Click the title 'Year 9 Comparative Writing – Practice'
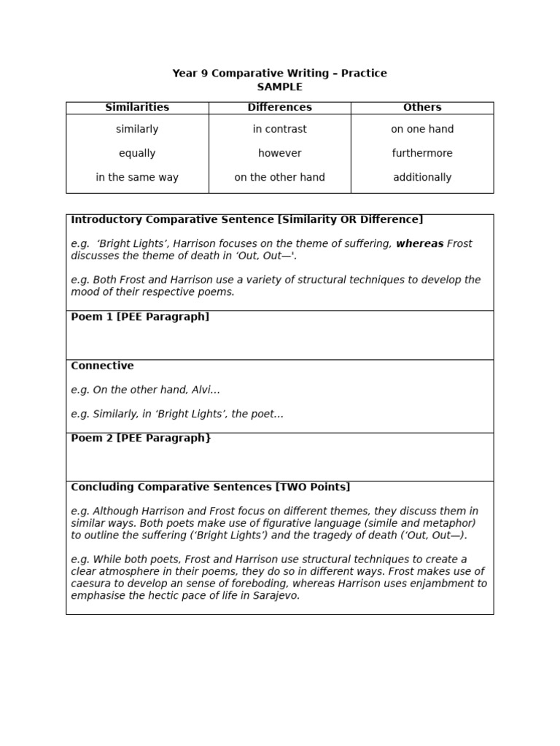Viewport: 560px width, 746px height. tap(279, 73)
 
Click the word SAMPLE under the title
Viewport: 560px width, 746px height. tap(279, 87)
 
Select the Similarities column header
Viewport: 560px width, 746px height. tap(137, 107)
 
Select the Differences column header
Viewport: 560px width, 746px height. tap(279, 107)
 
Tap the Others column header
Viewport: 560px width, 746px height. tap(422, 107)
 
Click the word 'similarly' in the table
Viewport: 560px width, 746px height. tap(137, 129)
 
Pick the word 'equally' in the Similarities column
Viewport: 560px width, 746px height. tap(137, 153)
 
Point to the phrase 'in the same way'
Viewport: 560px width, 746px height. tap(137, 177)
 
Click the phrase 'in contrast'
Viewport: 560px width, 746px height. tap(279, 129)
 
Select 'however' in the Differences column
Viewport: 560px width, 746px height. tap(279, 153)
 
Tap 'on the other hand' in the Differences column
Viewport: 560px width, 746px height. tap(279, 177)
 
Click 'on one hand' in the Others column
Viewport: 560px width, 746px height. tap(422, 129)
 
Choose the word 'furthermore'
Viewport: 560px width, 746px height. tap(422, 153)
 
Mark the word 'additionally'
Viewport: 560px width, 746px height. tap(422, 177)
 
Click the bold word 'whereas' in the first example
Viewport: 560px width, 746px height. tap(419, 244)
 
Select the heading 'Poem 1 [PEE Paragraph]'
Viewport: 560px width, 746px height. tap(140, 317)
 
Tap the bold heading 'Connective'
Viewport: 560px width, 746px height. tap(102, 366)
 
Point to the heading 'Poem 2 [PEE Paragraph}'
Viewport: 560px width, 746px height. tap(141, 438)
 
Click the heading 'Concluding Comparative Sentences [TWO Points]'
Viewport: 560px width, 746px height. tap(210, 487)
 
